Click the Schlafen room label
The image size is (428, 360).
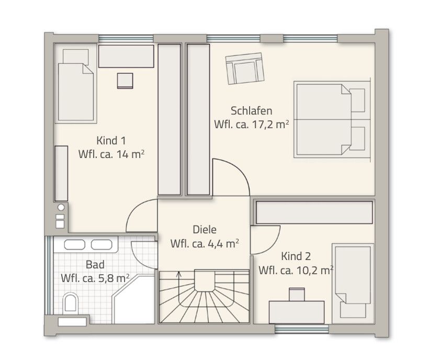point(251,111)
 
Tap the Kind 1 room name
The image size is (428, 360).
point(111,141)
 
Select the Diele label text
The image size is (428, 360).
point(205,229)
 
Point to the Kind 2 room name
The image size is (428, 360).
point(296,256)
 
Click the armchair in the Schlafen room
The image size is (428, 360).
point(244,69)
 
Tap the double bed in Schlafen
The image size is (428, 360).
point(330,119)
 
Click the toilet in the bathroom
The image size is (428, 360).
point(70,303)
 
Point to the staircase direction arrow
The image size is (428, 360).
point(179,277)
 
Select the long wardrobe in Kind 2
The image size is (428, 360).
point(314,212)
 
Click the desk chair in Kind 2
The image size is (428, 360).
point(297,294)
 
